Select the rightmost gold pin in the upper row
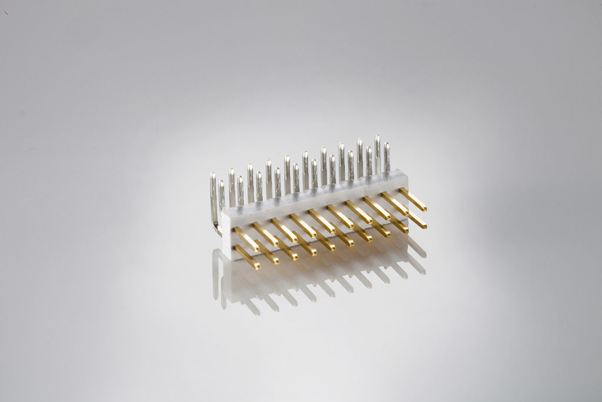pos(413,200)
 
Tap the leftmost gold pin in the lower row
pos(247,257)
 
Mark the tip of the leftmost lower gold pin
pos(257,267)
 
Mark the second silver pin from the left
pos(222,195)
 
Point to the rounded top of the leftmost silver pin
pos(213,175)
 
